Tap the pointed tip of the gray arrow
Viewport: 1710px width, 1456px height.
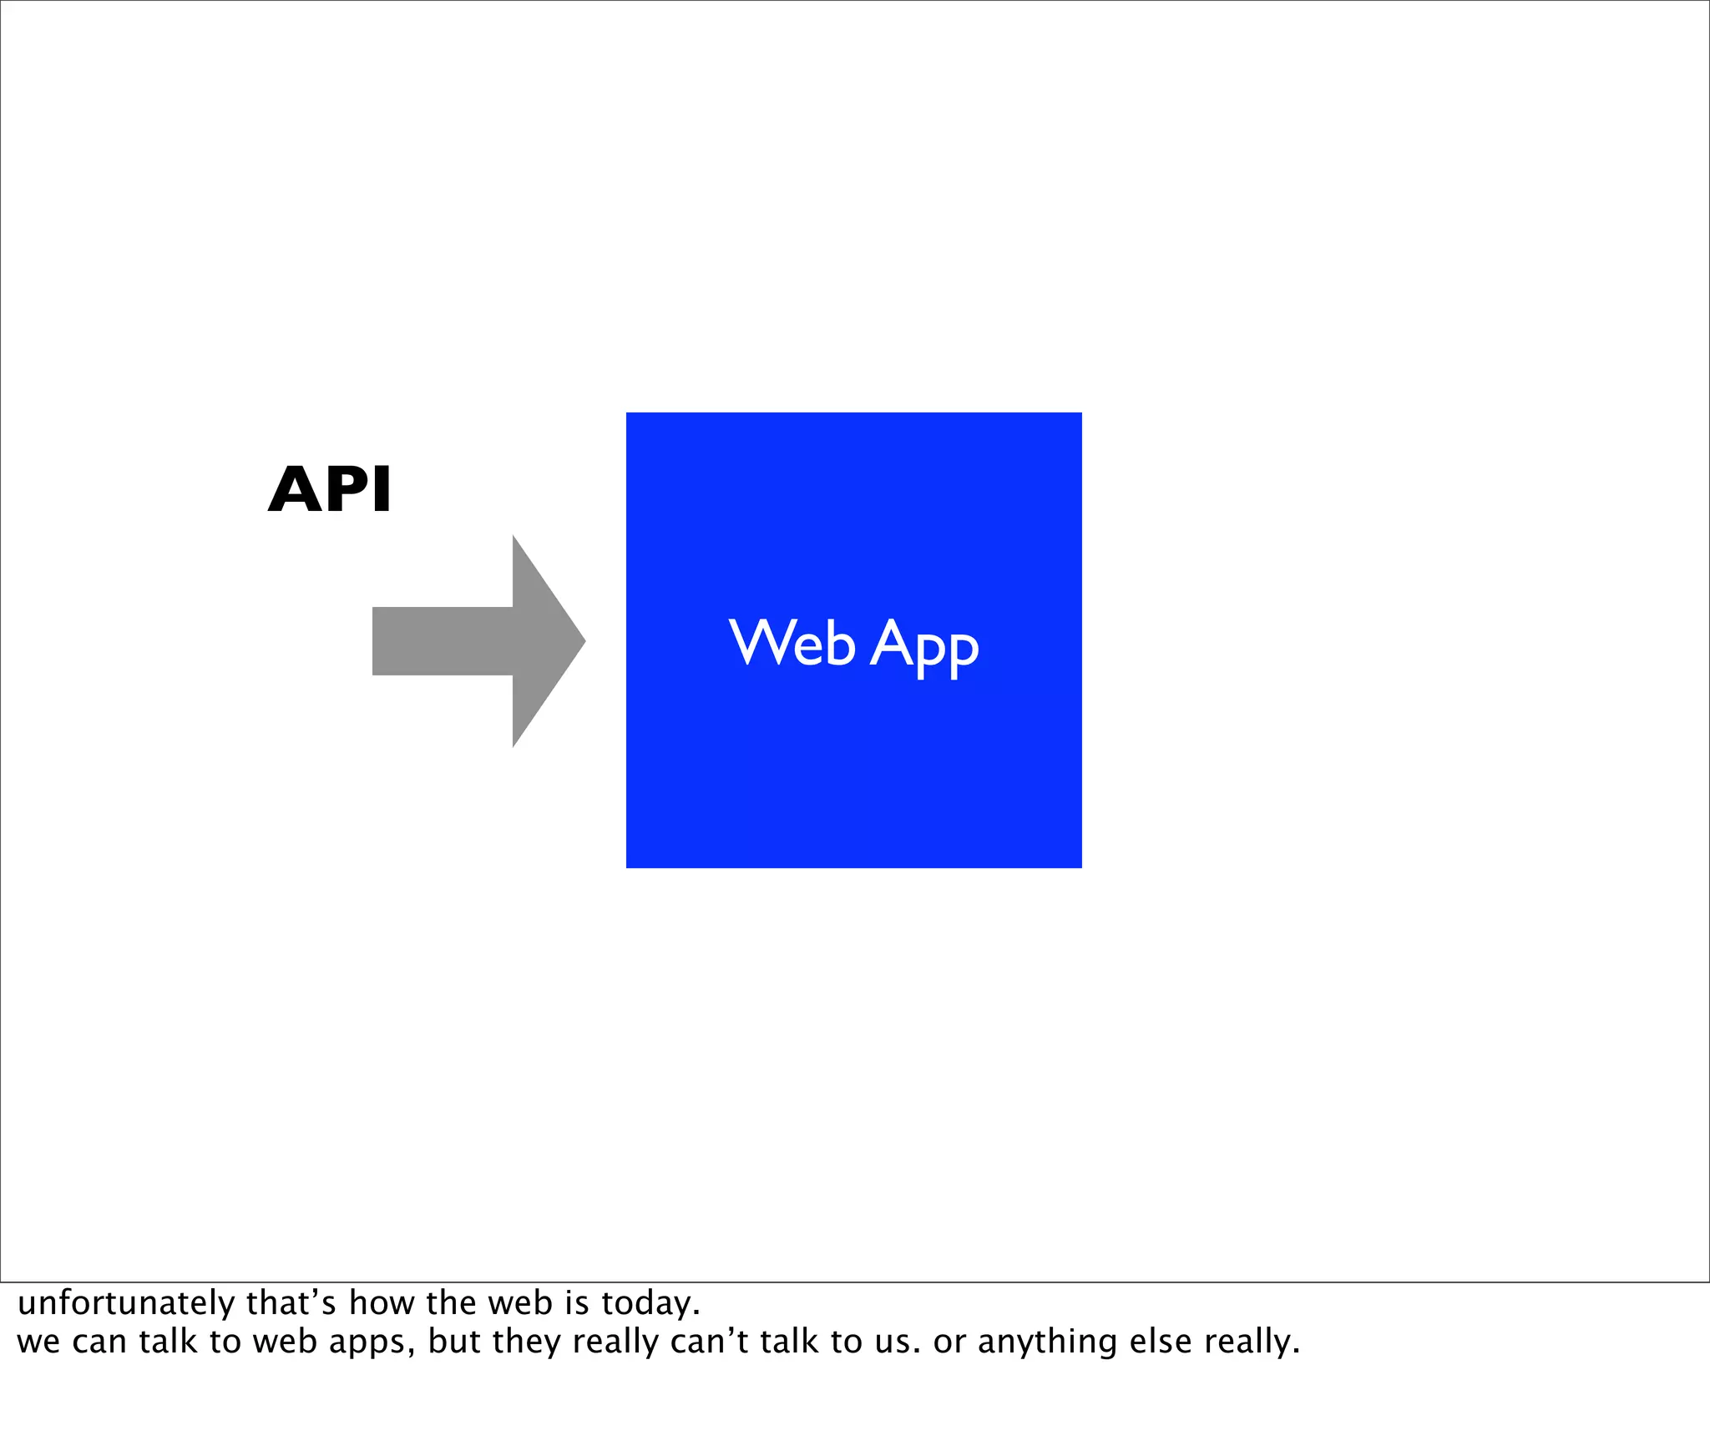(582, 641)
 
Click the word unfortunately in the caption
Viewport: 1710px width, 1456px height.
(126, 1303)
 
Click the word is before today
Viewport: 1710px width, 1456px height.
(578, 1302)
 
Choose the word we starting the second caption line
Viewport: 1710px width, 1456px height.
(38, 1342)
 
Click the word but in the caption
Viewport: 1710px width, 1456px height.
(454, 1341)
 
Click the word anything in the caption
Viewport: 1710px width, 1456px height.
(1047, 1342)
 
